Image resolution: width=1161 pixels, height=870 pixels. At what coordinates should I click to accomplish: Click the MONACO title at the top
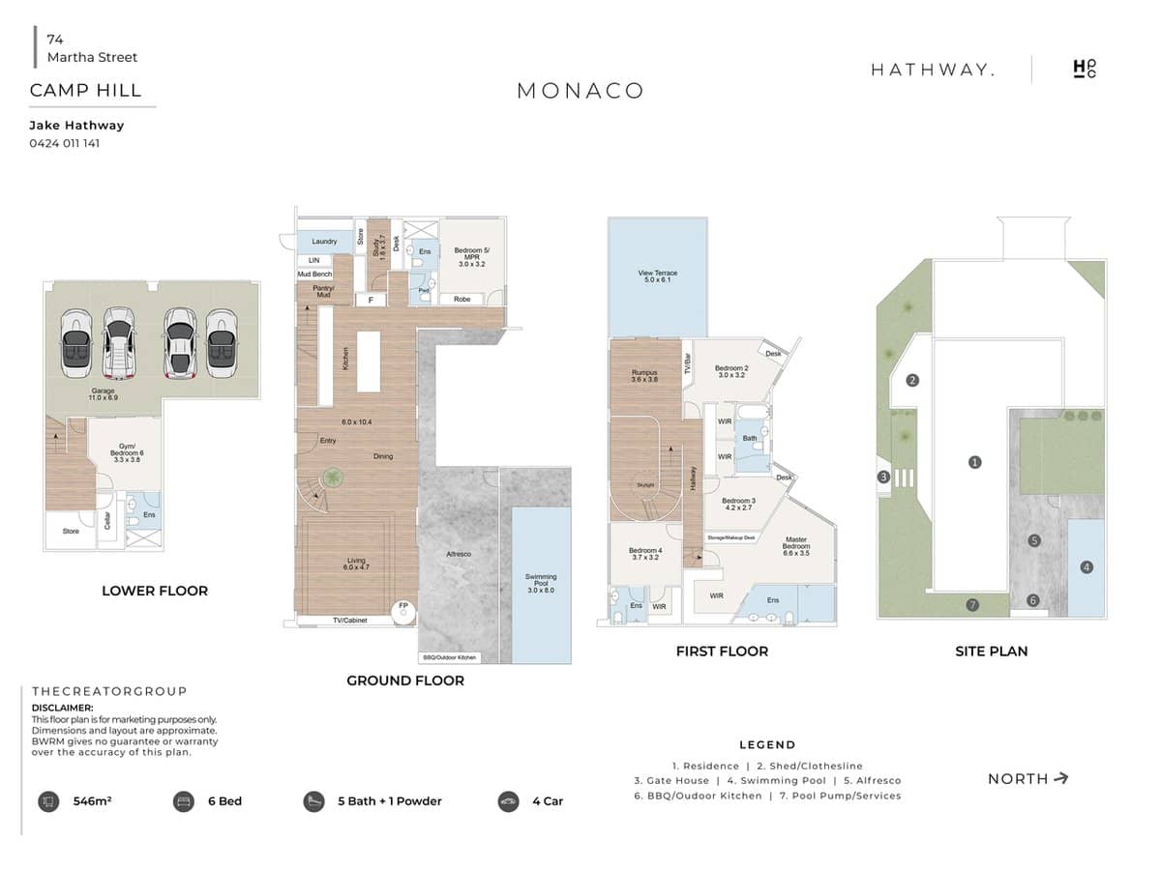580,91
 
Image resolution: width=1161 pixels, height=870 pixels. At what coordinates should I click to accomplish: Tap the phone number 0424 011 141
65,143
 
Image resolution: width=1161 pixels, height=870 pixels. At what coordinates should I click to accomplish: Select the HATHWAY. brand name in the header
932,70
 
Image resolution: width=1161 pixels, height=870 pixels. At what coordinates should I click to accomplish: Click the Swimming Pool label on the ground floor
541,583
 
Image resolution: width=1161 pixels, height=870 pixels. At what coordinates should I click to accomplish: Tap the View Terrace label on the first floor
657,276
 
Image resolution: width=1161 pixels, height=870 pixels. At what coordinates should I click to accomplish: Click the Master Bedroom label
796,543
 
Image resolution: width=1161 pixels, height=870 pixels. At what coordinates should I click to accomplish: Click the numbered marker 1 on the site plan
974,463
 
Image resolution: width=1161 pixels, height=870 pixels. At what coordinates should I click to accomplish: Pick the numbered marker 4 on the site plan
1087,567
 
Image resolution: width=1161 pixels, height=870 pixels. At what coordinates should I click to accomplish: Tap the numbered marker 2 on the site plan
911,381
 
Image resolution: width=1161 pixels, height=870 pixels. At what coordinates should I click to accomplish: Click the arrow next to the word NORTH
1061,778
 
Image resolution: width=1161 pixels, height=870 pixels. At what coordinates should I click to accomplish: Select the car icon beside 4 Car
508,801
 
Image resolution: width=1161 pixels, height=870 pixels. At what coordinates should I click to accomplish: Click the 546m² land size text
93,801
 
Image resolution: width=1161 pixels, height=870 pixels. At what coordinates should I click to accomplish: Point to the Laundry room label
324,242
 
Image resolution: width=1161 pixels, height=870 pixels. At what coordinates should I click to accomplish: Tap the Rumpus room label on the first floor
644,376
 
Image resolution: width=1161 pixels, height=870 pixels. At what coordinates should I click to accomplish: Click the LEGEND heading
767,745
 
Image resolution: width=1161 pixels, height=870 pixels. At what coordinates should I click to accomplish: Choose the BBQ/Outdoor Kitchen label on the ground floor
450,657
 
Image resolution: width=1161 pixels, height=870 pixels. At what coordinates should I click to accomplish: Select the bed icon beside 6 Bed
183,801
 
